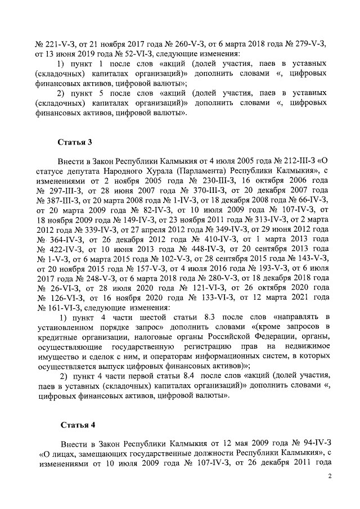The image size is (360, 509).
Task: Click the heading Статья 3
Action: (x=75, y=141)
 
